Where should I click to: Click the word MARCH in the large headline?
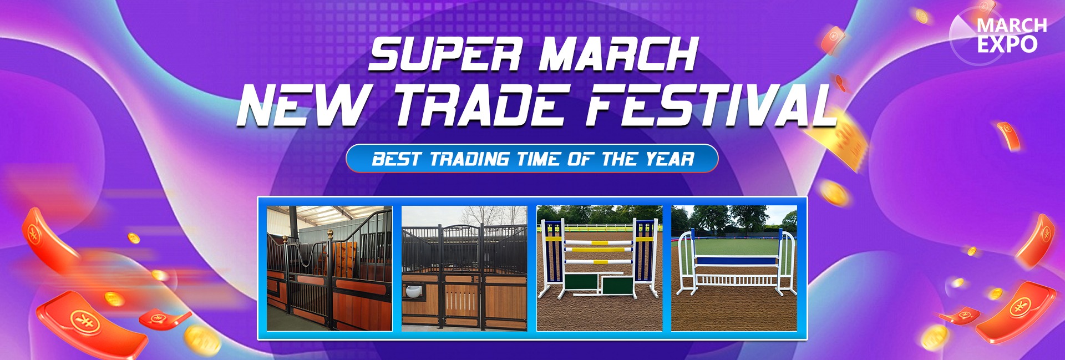[618, 54]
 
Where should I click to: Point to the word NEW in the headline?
[303, 105]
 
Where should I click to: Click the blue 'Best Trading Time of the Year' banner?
[532, 159]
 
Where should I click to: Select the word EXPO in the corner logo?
[1007, 44]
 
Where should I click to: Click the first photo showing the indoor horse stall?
[329, 268]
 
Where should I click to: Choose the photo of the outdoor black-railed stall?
[464, 268]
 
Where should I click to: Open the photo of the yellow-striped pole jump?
[600, 268]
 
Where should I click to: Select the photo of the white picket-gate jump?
[734, 268]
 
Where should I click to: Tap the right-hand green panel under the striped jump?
[618, 285]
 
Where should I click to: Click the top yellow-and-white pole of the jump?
[599, 243]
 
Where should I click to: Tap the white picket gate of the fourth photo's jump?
[736, 280]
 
